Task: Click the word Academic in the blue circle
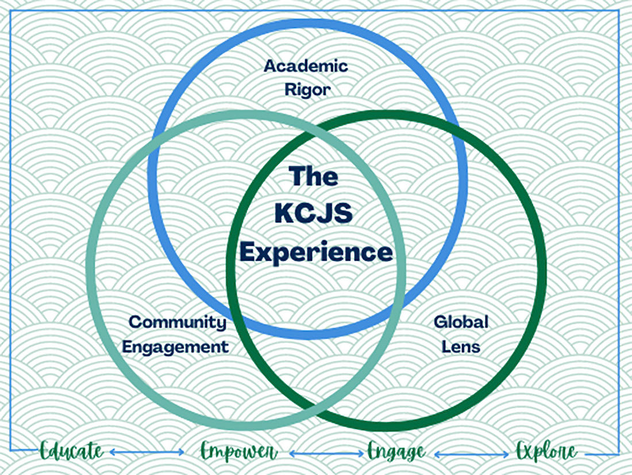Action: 306,66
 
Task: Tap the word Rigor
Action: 307,90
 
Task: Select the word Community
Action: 178,322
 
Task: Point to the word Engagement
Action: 176,347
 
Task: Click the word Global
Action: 461,321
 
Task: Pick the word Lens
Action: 461,347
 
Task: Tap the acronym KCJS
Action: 313,214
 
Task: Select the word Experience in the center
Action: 316,252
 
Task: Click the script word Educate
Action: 72,451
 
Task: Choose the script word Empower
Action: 238,451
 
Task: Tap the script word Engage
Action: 396,451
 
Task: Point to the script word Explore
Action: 546,451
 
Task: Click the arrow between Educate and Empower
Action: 147,453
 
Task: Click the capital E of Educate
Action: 45,451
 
